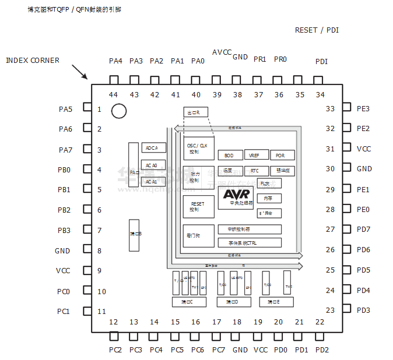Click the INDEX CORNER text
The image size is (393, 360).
32,60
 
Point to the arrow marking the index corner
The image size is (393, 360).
79,72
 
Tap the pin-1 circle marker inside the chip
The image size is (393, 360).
119,111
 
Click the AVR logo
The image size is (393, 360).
236,193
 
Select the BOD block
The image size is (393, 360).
230,156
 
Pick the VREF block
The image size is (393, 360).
255,156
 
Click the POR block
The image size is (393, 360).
281,156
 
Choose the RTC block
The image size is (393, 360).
255,171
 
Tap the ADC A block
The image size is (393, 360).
153,148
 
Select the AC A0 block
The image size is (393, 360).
153,165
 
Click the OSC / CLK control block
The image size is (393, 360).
198,148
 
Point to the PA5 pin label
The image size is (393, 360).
65,109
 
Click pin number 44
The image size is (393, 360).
113,94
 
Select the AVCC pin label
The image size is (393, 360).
222,52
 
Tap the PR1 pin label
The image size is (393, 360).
259,59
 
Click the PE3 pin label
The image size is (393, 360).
363,108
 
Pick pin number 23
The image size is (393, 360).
331,310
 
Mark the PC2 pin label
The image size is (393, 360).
115,350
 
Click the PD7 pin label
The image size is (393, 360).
363,230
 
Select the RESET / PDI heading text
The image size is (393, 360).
317,30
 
